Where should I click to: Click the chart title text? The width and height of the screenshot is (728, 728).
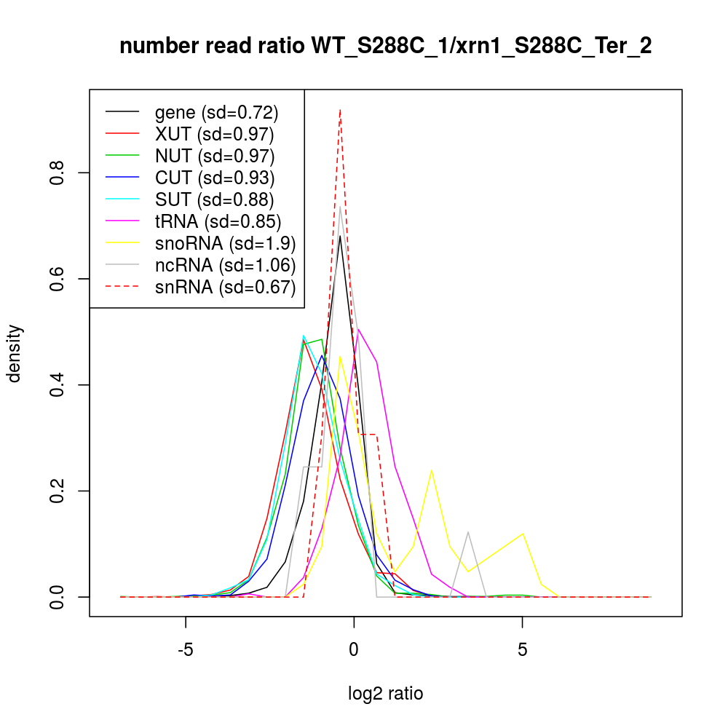click(x=385, y=47)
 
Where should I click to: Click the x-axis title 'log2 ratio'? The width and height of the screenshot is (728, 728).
click(x=386, y=693)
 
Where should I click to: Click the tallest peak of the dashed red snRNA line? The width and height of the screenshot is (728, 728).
click(x=340, y=110)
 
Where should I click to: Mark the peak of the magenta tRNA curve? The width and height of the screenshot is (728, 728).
click(x=358, y=329)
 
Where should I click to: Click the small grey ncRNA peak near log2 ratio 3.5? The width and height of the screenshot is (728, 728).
click(x=468, y=532)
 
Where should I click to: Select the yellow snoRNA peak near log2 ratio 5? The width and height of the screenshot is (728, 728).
click(x=523, y=534)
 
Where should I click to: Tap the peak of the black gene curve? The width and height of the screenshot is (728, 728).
click(x=340, y=236)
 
